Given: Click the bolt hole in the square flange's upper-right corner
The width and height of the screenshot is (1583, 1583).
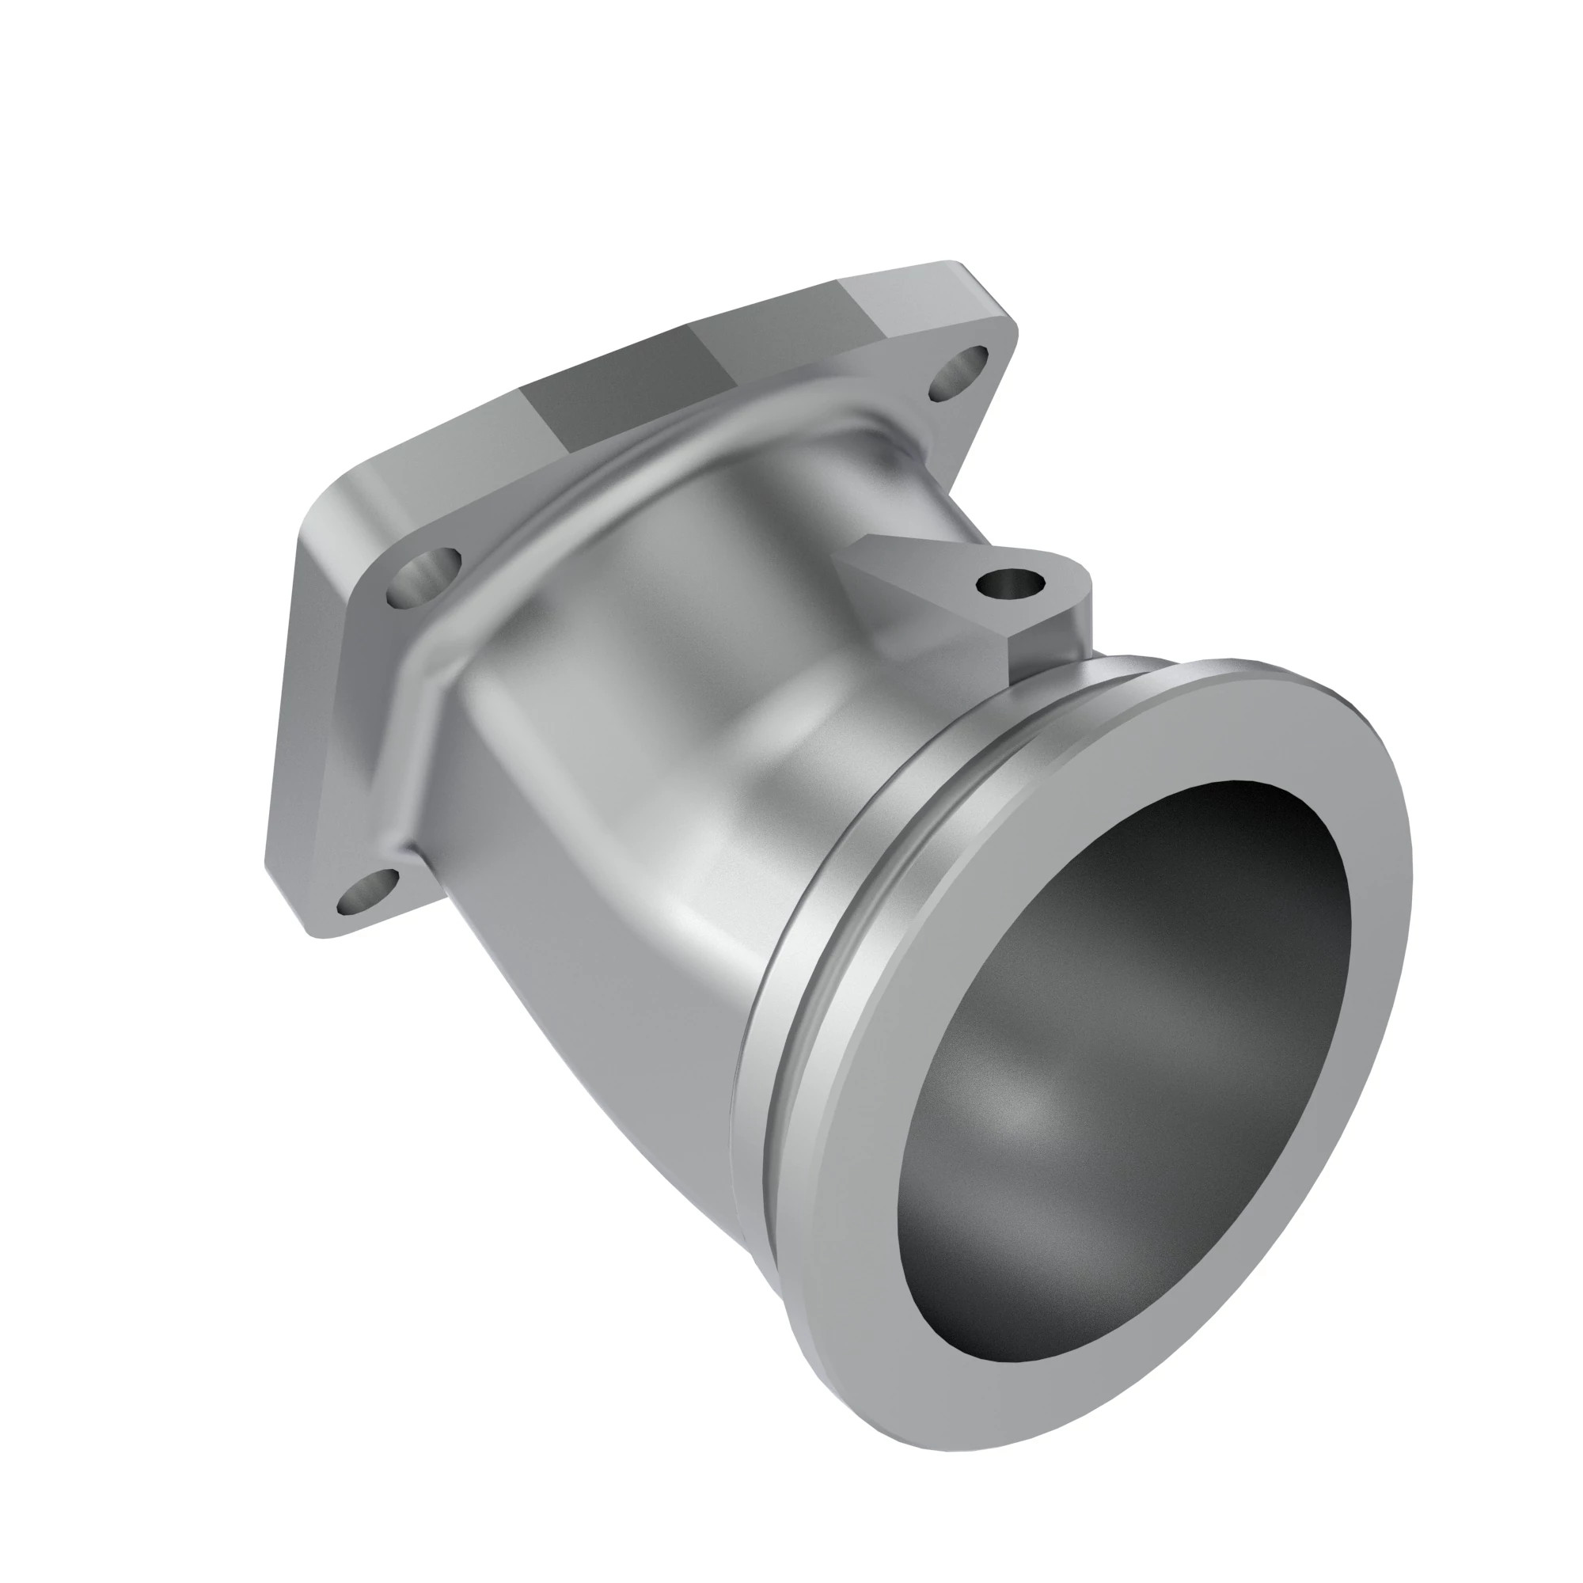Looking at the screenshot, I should point(960,373).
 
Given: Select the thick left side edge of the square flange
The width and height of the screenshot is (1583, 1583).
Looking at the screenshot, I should point(290,697).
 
